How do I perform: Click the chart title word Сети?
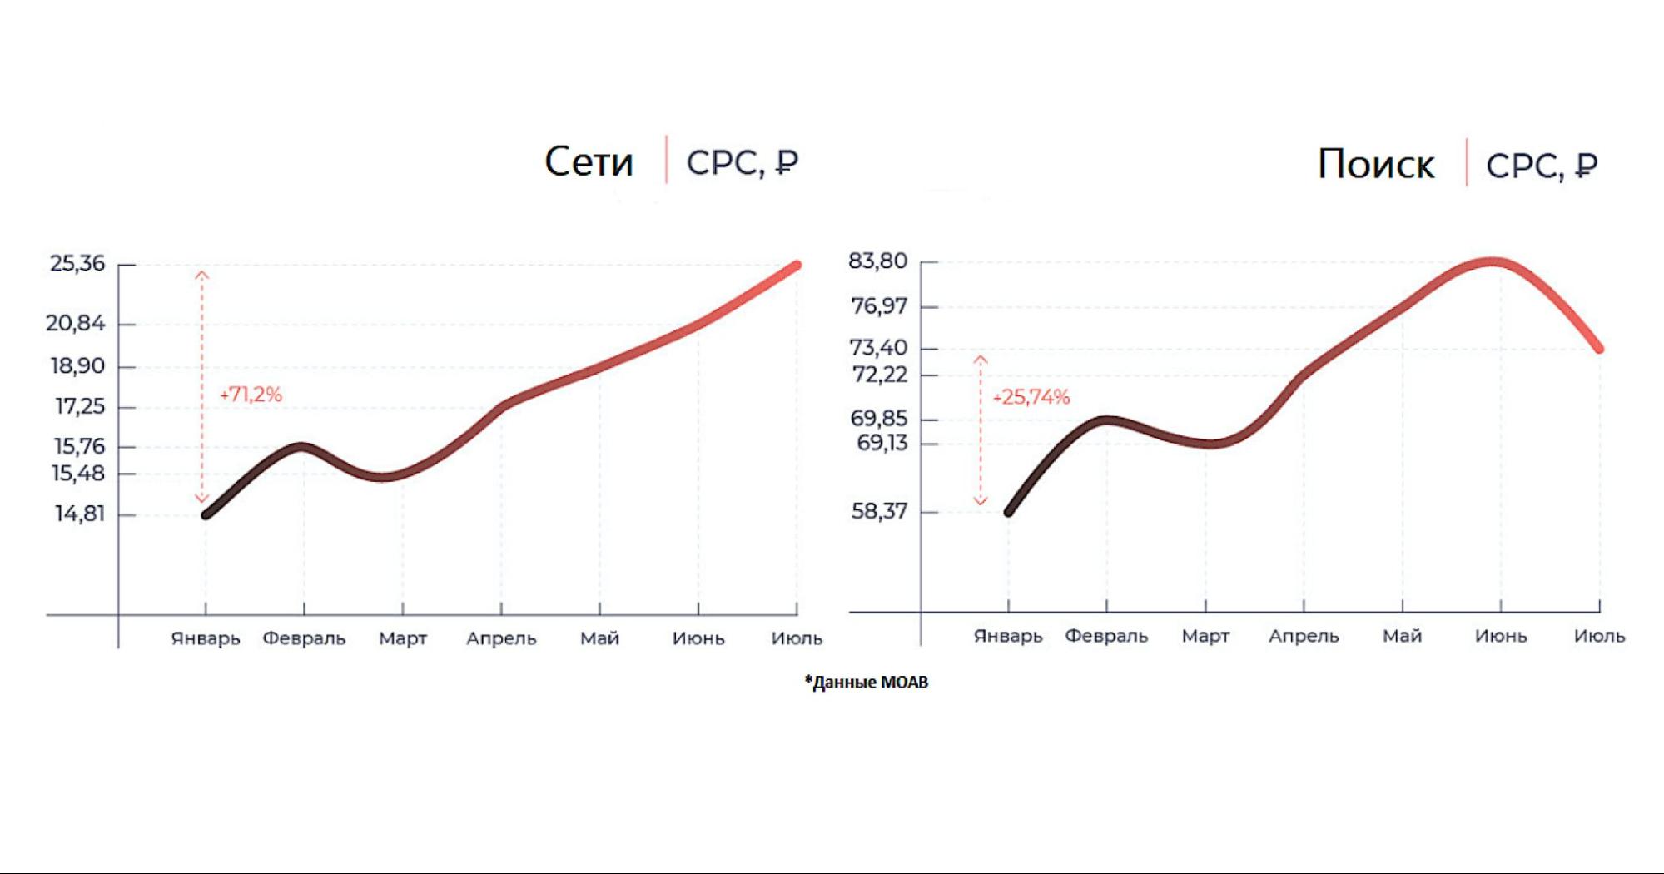589,161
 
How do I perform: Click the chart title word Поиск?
1375,164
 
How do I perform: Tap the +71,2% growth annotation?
251,395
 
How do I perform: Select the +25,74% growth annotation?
1031,397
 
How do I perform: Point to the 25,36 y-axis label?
77,264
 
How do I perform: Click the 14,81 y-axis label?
80,514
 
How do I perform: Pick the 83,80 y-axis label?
877,261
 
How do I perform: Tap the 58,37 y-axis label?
879,511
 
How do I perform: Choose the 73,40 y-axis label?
878,347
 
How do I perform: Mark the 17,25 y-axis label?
80,406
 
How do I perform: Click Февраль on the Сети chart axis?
304,638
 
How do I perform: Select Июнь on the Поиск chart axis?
1501,636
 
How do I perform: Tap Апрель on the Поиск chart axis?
1304,636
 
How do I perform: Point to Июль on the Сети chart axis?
797,638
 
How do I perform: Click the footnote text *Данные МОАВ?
866,682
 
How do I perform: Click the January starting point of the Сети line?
206,514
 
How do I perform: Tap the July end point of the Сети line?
797,266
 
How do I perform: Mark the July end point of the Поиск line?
1599,348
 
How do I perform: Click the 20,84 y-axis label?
76,323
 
